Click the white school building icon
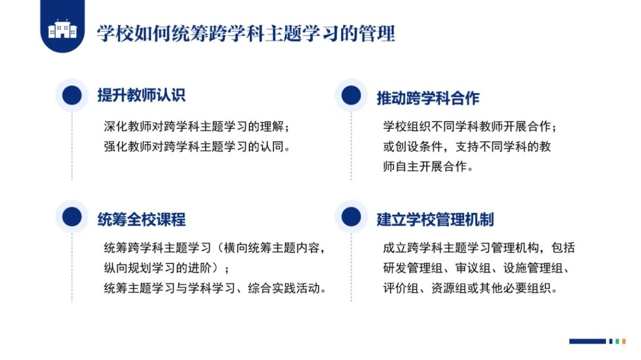point(62,29)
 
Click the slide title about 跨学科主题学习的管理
point(246,33)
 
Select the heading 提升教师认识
point(141,95)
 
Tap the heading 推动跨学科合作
point(427,98)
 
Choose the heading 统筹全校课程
point(141,219)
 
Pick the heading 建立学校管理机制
point(435,219)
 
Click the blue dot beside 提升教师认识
point(72,95)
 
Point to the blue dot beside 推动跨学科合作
point(351,95)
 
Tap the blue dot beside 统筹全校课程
point(72,216)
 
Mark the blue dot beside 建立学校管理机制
point(351,216)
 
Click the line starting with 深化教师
point(196,126)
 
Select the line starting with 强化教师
point(196,146)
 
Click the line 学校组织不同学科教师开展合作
point(469,126)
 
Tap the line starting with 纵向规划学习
point(166,267)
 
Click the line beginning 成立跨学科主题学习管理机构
point(479,248)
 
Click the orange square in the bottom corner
point(623,341)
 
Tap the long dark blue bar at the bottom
point(587,341)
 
